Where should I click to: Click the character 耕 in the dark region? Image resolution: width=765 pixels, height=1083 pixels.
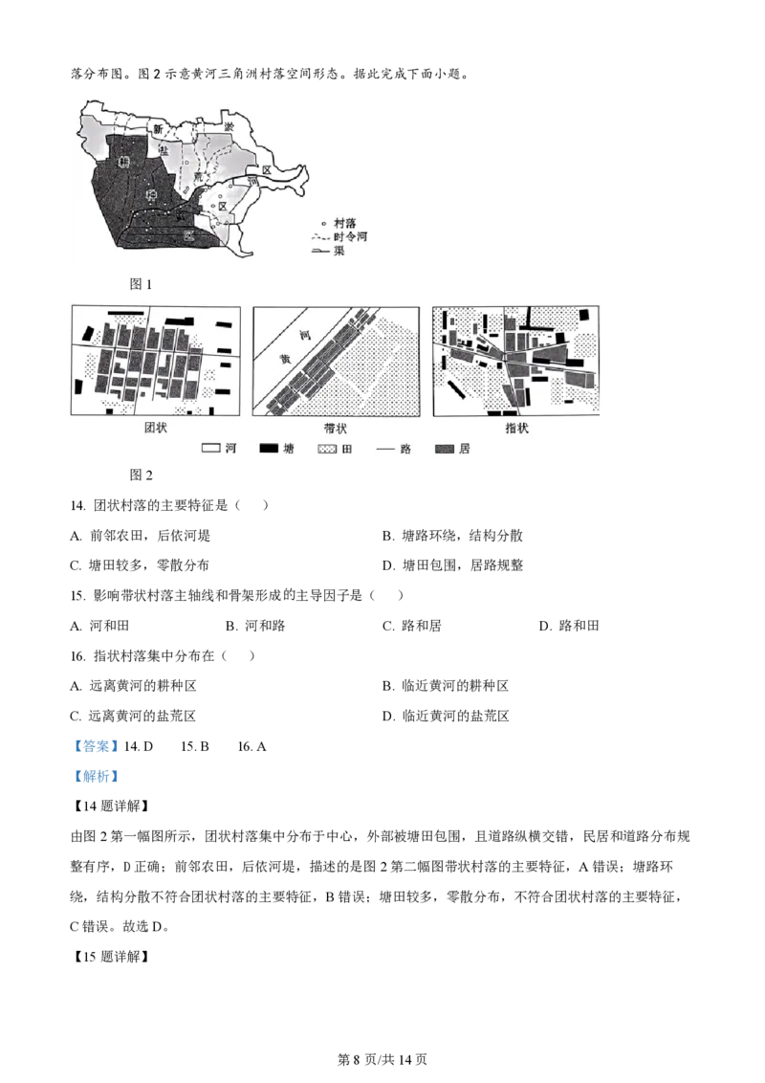[x=123, y=162]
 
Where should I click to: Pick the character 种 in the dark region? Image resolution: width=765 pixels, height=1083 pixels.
[x=150, y=195]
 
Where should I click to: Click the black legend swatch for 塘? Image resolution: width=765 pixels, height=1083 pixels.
[x=269, y=448]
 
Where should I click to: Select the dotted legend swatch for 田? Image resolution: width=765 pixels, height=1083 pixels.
[x=327, y=448]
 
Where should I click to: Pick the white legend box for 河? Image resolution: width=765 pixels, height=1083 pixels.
[x=211, y=448]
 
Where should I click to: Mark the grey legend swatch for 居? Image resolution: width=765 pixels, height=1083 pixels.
[x=444, y=448]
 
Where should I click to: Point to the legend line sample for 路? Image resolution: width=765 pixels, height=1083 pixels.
[x=384, y=448]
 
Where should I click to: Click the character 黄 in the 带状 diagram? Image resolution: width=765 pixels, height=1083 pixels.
[x=284, y=354]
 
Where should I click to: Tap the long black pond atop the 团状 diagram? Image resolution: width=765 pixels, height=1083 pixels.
[x=129, y=312]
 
